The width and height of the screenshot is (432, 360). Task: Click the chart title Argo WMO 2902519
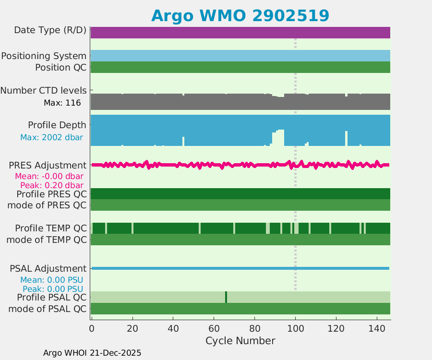point(240,15)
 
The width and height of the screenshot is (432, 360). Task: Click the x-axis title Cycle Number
point(240,341)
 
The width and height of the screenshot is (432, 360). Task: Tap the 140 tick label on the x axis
point(377,329)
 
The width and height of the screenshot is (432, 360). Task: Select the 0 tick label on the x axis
point(92,329)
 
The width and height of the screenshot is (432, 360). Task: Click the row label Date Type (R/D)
point(50,30)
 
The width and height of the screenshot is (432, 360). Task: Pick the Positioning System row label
point(44,56)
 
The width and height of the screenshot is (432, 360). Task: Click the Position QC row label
point(61,67)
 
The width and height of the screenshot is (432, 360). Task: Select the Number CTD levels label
point(43,90)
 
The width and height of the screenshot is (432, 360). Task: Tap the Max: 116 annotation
point(62,103)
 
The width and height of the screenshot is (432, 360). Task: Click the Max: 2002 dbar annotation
point(51,137)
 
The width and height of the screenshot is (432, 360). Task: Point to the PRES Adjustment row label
point(48,165)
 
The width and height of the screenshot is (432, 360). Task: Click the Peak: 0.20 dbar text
point(52,185)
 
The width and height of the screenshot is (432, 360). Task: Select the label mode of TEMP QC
point(47,240)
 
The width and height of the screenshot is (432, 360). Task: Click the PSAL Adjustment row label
point(48,268)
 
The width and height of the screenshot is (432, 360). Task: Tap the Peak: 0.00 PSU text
point(51,289)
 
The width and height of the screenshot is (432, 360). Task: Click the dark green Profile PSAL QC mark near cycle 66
point(226,297)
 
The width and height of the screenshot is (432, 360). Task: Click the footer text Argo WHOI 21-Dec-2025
point(92,353)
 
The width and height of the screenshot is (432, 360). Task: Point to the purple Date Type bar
point(240,33)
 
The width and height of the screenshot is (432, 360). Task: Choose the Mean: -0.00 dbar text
point(49,176)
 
